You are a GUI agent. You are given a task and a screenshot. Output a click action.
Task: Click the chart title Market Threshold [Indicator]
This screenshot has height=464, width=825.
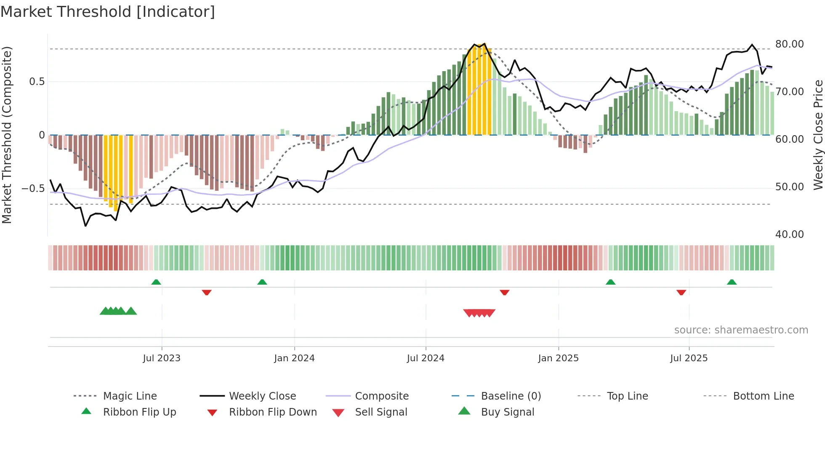click(x=108, y=12)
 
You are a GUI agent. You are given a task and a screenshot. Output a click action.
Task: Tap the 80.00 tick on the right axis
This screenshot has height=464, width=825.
click(x=789, y=44)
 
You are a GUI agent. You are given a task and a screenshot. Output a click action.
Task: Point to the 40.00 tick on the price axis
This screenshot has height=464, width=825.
click(x=789, y=235)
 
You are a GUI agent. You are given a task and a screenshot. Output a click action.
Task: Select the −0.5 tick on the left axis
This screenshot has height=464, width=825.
click(x=33, y=188)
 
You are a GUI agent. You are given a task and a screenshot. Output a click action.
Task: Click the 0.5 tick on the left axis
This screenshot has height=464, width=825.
click(x=37, y=82)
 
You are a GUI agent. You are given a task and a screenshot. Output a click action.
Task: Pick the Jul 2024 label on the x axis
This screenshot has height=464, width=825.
click(x=426, y=358)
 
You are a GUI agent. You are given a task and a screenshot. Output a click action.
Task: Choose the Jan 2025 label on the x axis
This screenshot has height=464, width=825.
click(x=558, y=358)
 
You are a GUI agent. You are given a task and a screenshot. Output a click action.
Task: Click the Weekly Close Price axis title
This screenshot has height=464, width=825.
click(x=818, y=135)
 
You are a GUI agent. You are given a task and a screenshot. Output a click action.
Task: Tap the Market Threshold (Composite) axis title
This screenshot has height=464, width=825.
click(x=7, y=135)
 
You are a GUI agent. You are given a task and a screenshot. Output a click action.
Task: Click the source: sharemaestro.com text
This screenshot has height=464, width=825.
click(x=741, y=330)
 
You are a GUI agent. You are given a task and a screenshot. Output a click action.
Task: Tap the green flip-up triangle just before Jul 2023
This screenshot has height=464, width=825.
click(x=156, y=282)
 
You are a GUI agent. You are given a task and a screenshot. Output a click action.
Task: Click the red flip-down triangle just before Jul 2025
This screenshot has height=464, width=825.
click(x=681, y=292)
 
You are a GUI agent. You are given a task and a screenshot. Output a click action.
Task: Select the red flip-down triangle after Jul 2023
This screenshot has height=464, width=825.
click(x=206, y=292)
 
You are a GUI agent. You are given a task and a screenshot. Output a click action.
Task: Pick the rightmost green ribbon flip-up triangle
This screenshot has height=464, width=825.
click(x=732, y=282)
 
